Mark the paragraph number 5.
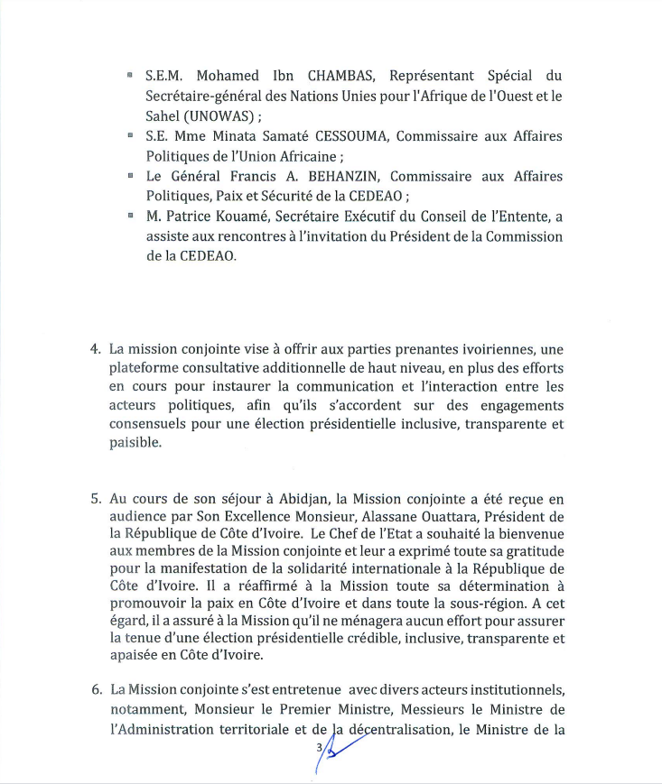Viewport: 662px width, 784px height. [95, 498]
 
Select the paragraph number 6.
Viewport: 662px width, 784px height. [95, 690]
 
